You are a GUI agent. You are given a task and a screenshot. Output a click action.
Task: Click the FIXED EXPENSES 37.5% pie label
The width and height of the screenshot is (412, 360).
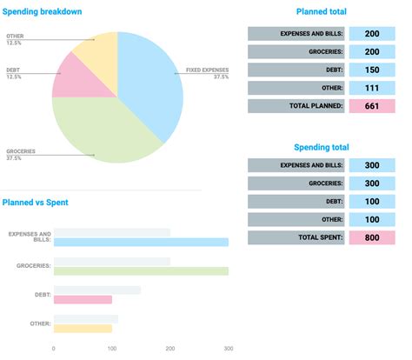click(x=208, y=73)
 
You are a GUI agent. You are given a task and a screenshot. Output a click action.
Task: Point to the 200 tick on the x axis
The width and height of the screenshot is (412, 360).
click(x=170, y=350)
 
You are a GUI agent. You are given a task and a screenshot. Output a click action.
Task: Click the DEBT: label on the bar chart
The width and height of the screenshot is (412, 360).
click(x=41, y=295)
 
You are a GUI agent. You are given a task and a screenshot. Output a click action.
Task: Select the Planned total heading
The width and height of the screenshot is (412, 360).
click(x=321, y=11)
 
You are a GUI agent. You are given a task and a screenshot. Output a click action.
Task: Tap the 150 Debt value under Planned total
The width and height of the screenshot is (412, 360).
click(x=371, y=70)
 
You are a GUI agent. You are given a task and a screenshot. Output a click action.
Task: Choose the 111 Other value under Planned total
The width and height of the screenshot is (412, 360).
click(x=371, y=88)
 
